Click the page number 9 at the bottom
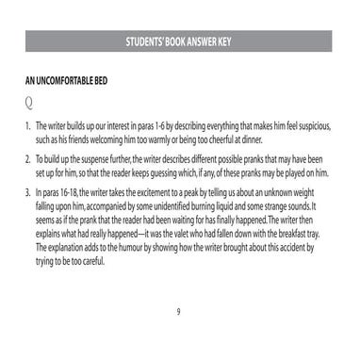pyautogui.click(x=179, y=312)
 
